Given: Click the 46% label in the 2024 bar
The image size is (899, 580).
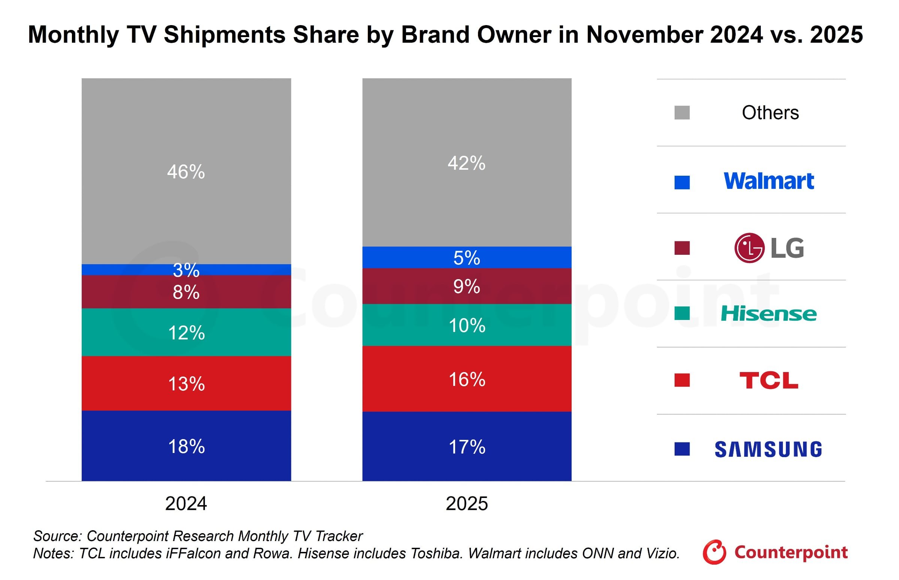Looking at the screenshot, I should pos(186,172).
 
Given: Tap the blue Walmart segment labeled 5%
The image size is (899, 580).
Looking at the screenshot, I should pos(466,258).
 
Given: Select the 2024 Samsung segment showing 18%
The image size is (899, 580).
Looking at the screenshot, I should pos(186,446).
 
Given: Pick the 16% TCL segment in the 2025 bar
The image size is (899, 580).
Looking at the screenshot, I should pos(466,379).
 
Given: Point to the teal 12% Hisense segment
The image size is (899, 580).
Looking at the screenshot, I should pos(186,333).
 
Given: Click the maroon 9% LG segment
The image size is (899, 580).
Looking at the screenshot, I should pos(466,286).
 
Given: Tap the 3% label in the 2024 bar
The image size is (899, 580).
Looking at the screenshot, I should pos(186,270).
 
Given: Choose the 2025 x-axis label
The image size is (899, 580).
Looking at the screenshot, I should pos(466,504).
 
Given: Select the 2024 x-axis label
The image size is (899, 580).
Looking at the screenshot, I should pos(186,504).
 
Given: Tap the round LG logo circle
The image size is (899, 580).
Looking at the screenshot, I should pos(749,248).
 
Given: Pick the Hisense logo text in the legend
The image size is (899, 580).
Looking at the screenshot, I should pos(768,314).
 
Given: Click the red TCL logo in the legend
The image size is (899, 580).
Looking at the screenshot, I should pos(768,380).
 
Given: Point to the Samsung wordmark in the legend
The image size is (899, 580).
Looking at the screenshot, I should pos(768,449).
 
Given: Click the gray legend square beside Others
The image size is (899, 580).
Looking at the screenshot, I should pos(682,113).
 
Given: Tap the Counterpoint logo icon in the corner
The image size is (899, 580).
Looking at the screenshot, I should pos(714,552).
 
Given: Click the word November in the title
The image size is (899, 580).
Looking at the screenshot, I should pos(644,34).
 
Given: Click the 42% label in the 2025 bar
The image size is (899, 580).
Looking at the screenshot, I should pos(466,163).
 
